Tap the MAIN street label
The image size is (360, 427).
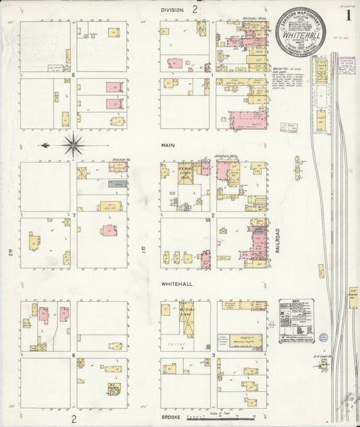coord(168,145)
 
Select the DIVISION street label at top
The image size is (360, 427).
coord(172,9)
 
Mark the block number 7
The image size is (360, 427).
coord(73,215)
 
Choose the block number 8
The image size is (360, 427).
coord(73,353)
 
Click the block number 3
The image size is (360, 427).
coord(213,354)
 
